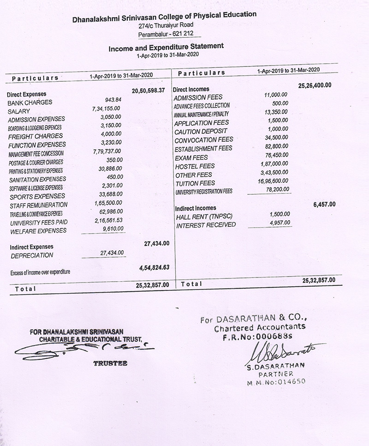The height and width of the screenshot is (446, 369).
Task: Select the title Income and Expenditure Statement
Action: tap(166, 47)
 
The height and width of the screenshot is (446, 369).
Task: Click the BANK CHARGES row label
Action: tap(30, 102)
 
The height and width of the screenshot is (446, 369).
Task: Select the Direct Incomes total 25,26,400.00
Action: tap(315, 85)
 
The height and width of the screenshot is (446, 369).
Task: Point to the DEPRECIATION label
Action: tap(32, 255)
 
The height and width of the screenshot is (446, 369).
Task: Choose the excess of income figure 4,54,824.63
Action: tap(154, 267)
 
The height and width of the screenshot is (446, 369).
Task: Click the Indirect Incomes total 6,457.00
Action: tap(324, 204)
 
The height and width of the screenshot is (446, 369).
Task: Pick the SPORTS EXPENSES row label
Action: tap(38, 196)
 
